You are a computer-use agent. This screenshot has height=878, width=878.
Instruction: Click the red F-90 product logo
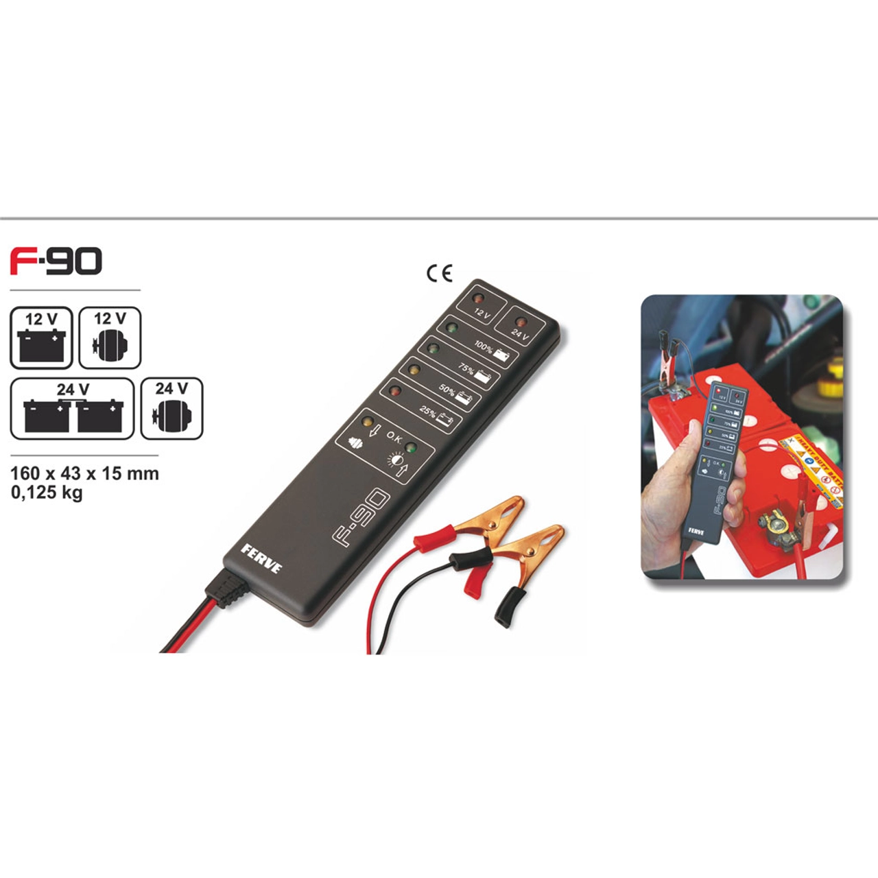[56, 261]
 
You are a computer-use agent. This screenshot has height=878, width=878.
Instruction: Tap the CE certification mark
[440, 274]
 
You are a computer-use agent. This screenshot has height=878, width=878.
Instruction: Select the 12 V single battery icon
[41, 338]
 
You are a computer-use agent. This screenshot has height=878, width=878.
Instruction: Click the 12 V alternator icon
[110, 338]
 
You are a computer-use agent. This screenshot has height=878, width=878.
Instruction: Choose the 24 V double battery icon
[72, 409]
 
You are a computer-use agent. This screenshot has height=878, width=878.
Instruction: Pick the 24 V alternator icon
[171, 409]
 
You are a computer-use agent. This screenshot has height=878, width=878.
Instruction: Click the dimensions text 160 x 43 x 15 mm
[84, 473]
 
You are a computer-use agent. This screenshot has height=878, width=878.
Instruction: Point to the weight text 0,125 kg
[47, 493]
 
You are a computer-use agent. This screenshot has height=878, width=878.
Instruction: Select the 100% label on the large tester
[484, 348]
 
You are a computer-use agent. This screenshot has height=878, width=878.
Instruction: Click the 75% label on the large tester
[466, 370]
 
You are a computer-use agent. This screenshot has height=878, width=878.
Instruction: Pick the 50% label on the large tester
[447, 391]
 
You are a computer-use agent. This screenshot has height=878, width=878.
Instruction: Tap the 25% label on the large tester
[427, 412]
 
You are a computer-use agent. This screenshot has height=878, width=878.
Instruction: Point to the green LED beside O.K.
[411, 448]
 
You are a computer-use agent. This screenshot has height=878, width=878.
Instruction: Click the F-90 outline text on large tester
[361, 518]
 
